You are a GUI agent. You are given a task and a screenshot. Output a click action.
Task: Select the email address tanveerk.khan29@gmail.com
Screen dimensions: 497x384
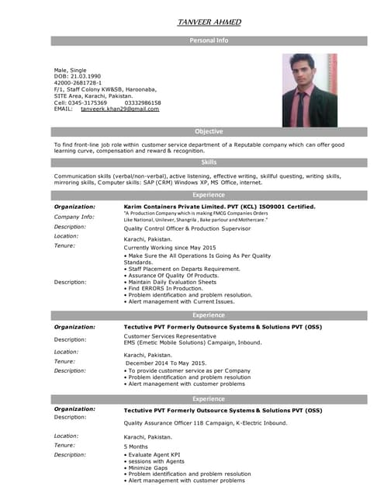point(119,109)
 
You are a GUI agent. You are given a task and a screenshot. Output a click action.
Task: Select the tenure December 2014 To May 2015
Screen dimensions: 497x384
point(166,363)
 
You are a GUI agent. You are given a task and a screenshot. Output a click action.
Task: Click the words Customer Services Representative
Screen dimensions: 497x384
point(175,336)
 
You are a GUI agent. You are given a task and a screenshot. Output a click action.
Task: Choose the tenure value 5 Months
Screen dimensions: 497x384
point(137,447)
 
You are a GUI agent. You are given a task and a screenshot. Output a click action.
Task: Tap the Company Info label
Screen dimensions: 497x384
point(74,217)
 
